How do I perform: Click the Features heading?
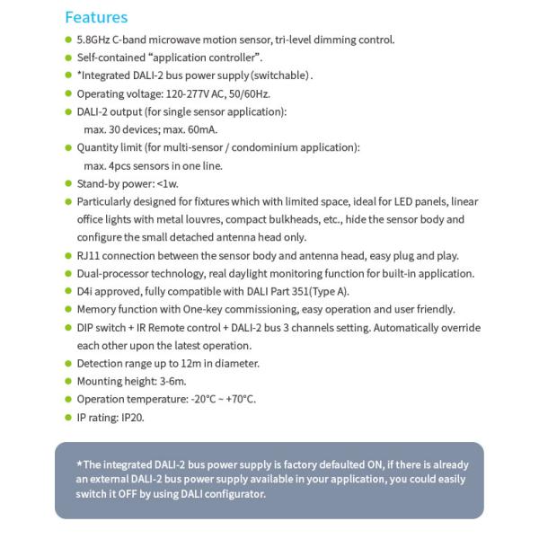[x=96, y=17]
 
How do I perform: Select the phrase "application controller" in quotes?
[x=196, y=57]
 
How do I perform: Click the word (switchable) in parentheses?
[x=280, y=75]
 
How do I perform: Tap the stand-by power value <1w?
[x=168, y=183]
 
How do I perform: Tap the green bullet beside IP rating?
[x=68, y=417]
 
